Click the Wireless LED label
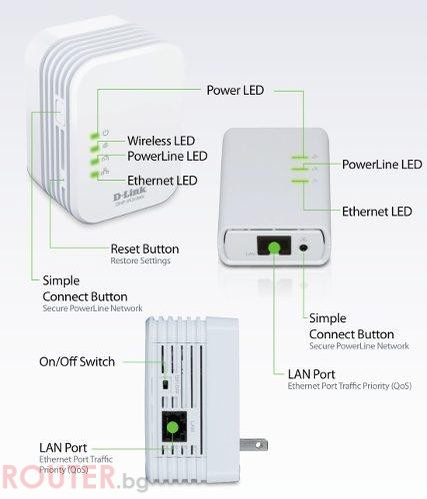(x=161, y=141)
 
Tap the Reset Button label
(x=145, y=249)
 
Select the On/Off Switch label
(x=77, y=361)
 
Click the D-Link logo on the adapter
(x=130, y=194)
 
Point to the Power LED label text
(x=235, y=90)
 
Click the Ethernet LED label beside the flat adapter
(x=377, y=212)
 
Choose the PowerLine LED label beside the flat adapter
(x=382, y=165)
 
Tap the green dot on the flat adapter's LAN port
(x=274, y=248)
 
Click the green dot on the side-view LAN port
(x=173, y=427)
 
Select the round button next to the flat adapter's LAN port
(x=303, y=248)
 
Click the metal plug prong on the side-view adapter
(x=253, y=445)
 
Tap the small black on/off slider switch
(x=164, y=384)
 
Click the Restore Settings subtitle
(x=140, y=260)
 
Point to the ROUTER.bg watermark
(x=74, y=478)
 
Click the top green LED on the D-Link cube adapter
(x=94, y=135)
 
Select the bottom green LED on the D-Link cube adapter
(x=94, y=175)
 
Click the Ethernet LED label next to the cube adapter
(x=162, y=181)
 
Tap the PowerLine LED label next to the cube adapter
(x=167, y=156)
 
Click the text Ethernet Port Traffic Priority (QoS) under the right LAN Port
(x=349, y=386)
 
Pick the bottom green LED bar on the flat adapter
(x=300, y=182)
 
